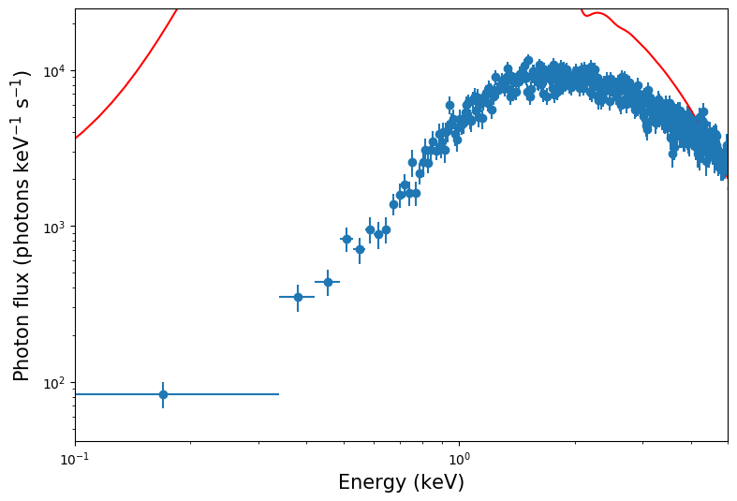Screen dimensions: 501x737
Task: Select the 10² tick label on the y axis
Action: (52, 382)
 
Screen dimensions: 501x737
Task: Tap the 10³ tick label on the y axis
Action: (52, 227)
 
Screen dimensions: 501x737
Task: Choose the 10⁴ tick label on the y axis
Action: (52, 71)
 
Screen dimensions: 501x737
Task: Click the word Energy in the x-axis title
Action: (374, 483)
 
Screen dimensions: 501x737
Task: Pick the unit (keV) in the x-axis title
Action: (439, 483)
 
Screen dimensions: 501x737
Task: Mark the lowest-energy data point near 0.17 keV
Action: (163, 394)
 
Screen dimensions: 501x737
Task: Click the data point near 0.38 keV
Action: (298, 297)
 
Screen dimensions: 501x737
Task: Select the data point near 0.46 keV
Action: (328, 282)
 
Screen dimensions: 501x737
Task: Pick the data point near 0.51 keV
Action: (346, 239)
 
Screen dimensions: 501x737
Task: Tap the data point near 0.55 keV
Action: (360, 249)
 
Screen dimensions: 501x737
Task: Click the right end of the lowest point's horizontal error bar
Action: (279, 394)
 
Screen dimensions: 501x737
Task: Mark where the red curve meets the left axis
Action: (76, 139)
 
